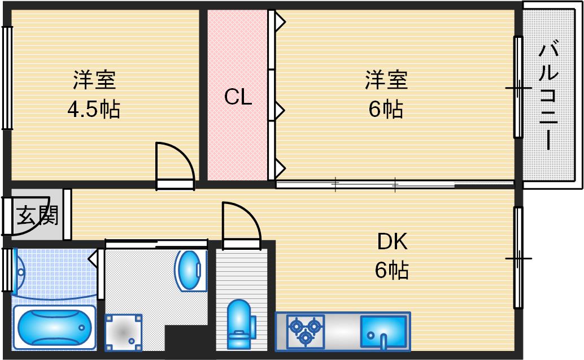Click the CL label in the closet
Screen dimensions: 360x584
[x=238, y=97]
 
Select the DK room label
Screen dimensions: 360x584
[x=392, y=243]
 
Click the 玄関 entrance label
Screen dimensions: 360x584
[x=32, y=216]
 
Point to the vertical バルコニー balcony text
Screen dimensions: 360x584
[x=548, y=96]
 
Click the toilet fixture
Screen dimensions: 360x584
[x=239, y=324]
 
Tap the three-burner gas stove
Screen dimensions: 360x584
[x=305, y=330]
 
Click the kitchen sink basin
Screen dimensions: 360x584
[x=383, y=330]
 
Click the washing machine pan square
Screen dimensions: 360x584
[x=123, y=332]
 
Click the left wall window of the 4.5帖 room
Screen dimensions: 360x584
[x=7, y=77]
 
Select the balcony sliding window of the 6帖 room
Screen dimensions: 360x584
[x=518, y=88]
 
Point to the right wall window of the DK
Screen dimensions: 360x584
[x=518, y=258]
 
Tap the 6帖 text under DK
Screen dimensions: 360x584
[x=392, y=271]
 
